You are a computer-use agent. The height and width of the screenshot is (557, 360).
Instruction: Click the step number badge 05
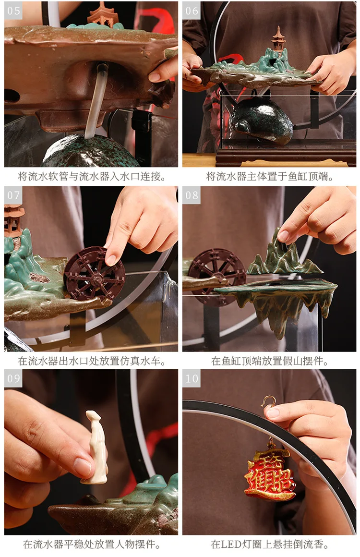coord(13,11)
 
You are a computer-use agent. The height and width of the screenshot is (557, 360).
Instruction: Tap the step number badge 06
coord(192,11)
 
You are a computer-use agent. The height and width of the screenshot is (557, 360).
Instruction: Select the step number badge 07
coord(13,195)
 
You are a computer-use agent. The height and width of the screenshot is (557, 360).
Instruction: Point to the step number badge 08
coord(192,195)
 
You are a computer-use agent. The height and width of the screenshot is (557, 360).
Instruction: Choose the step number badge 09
coord(13,378)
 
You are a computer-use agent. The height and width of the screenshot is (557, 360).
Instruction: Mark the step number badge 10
coord(192,378)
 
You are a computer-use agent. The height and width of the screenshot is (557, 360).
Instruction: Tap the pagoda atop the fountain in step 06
coord(277,41)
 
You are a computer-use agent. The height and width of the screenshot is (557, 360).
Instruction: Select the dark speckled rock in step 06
coord(262,120)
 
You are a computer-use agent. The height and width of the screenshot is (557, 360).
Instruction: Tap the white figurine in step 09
coord(96,447)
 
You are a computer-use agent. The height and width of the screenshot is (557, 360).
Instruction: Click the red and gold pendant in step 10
coord(270,473)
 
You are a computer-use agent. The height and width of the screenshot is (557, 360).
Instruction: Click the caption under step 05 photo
coord(91,177)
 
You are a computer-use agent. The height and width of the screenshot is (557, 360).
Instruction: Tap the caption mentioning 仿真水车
coord(91,361)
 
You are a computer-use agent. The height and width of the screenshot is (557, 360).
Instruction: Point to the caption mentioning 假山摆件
coord(270,361)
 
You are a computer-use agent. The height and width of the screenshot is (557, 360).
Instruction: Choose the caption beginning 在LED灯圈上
coord(270,545)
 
